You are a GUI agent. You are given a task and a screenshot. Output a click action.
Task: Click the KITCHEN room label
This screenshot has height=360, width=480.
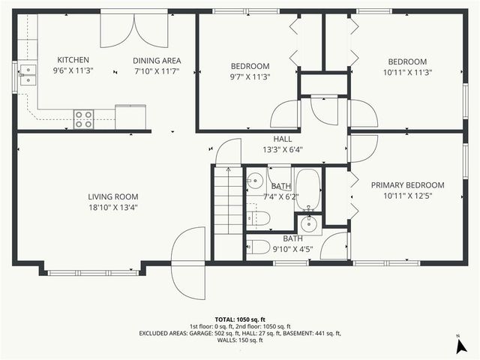[x=73, y=60]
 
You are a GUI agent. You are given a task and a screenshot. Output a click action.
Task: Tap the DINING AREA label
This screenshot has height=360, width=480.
[x=157, y=61]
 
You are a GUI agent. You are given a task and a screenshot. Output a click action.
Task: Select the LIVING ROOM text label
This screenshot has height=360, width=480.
[x=112, y=196]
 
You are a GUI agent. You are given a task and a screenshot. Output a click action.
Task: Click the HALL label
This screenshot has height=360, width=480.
[x=283, y=139]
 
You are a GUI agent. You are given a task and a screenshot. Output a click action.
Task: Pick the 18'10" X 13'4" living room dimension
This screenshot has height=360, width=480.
[x=112, y=208]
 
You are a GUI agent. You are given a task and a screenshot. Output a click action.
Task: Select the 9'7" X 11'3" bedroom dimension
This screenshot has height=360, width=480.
[x=250, y=76]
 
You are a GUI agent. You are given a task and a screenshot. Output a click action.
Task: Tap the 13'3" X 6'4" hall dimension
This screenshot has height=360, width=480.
[x=283, y=150]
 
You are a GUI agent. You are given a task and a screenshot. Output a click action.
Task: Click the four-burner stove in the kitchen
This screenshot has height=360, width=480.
[x=83, y=118]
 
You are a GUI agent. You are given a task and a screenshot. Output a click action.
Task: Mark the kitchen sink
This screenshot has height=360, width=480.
[x=27, y=75]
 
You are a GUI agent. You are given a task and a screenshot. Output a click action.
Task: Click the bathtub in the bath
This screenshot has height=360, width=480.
[x=308, y=190]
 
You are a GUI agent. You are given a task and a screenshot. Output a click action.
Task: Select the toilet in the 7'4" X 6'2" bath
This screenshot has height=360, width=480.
[x=259, y=218]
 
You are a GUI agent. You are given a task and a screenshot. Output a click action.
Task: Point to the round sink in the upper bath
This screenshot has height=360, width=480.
[x=255, y=180]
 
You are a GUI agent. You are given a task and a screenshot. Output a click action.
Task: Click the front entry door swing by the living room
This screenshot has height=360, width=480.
[x=188, y=262]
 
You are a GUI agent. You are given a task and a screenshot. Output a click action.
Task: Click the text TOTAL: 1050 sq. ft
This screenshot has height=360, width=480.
[x=239, y=319]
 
